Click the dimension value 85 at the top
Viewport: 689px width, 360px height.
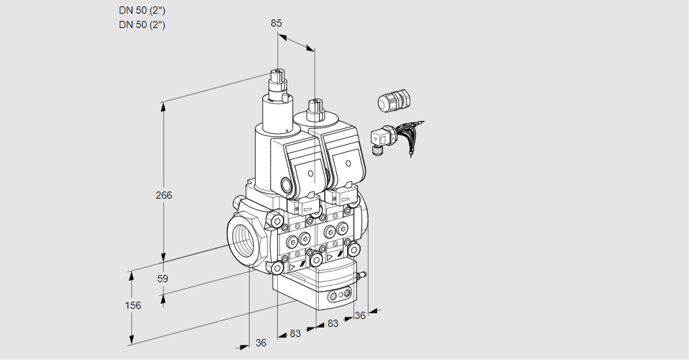276,23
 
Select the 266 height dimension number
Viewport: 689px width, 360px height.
165,195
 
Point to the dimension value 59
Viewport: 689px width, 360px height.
163,279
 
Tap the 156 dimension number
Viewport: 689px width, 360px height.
132,305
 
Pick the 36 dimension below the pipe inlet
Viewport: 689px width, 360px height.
261,343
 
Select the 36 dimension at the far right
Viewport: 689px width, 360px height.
360,315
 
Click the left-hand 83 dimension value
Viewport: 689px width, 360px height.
295,333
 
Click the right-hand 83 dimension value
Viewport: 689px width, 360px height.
333,323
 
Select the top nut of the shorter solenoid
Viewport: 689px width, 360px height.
314,109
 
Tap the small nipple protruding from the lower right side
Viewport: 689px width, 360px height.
362,274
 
